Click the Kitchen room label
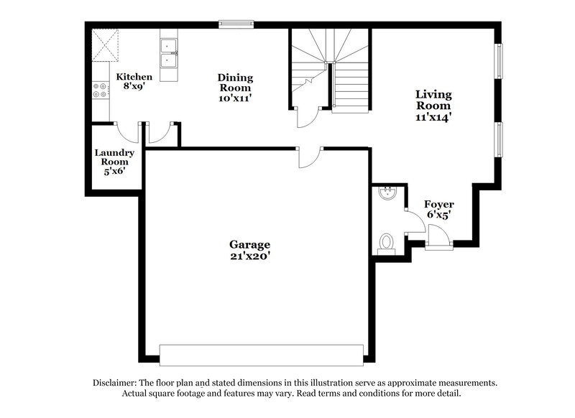134,76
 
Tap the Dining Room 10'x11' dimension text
236,98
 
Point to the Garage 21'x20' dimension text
250,255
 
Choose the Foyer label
438,205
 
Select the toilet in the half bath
387,241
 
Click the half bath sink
387,192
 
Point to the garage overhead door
261,355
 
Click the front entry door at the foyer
437,236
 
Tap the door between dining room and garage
310,157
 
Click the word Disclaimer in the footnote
116,384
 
